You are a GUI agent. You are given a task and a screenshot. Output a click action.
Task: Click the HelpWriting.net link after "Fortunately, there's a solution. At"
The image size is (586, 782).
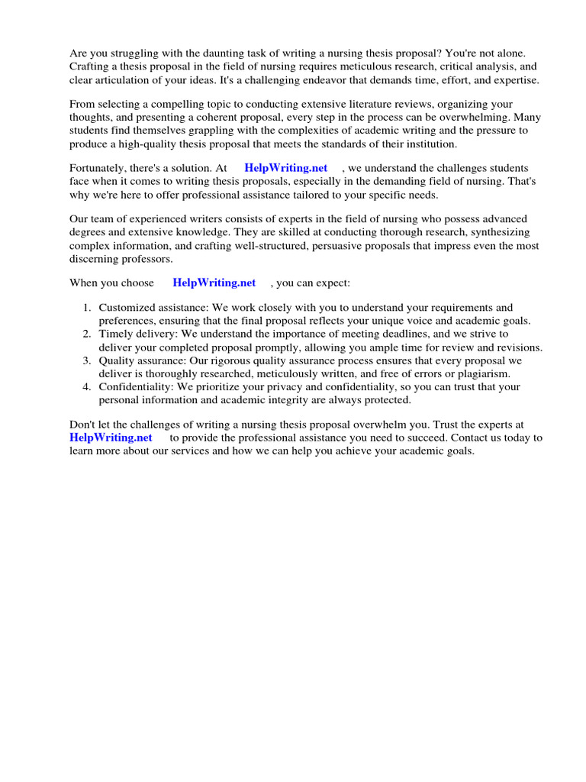click(x=285, y=168)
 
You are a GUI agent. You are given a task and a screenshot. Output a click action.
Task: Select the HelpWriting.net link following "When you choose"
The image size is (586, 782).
click(x=214, y=283)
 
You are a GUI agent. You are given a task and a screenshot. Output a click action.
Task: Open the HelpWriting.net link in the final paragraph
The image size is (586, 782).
click(x=111, y=438)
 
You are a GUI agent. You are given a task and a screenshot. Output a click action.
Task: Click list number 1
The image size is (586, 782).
click(x=87, y=308)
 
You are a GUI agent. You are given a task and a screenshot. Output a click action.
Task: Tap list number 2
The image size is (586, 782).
click(x=87, y=334)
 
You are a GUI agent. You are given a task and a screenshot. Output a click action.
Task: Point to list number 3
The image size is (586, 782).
click(x=87, y=360)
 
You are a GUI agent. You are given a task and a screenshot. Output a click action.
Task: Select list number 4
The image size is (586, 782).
click(x=87, y=387)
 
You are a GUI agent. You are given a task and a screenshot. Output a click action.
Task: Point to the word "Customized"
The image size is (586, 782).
click(x=125, y=308)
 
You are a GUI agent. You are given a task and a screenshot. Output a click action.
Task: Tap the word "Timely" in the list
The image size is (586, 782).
click(x=114, y=334)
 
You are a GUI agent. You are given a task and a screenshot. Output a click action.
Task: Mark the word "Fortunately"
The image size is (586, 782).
click(x=98, y=168)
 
